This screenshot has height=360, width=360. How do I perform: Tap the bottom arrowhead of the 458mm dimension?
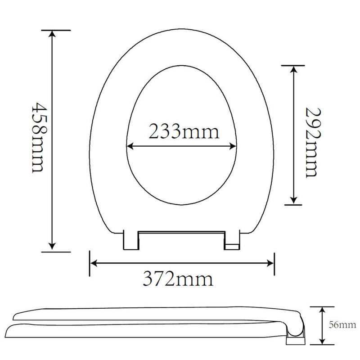[53, 246]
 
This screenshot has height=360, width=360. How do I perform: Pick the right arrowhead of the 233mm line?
[234, 146]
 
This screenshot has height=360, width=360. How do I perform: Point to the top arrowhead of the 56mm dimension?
[323, 310]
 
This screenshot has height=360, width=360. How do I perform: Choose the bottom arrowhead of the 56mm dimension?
[323, 341]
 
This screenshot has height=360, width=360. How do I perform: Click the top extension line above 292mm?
[296, 65]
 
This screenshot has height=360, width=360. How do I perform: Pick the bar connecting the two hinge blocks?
[181, 233]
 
